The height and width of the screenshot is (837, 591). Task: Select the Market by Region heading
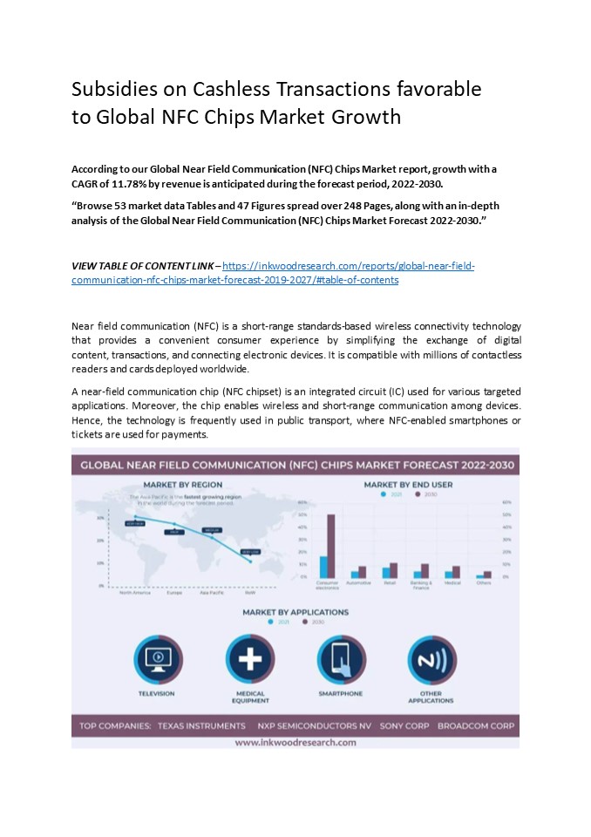pyautogui.click(x=182, y=485)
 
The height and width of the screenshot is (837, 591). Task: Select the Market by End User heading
pyautogui.click(x=408, y=485)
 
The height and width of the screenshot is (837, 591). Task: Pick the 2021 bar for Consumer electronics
pyautogui.click(x=323, y=567)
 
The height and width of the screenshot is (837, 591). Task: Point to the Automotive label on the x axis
pyautogui.click(x=358, y=582)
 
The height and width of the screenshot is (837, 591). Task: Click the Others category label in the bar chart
pyautogui.click(x=484, y=582)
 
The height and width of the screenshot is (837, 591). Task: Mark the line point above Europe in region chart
pyautogui.click(x=175, y=525)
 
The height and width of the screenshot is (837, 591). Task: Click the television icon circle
pyautogui.click(x=157, y=659)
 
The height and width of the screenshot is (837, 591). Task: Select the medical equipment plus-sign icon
pyautogui.click(x=250, y=659)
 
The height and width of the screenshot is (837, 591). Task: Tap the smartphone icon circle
pyautogui.click(x=341, y=659)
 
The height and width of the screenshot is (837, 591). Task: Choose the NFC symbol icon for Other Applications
pyautogui.click(x=431, y=659)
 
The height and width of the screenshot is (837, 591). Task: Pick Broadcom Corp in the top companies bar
pyautogui.click(x=476, y=725)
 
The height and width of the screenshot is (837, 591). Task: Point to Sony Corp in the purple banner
pyautogui.click(x=399, y=725)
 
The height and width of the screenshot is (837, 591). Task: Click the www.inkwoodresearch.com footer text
pyautogui.click(x=295, y=742)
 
